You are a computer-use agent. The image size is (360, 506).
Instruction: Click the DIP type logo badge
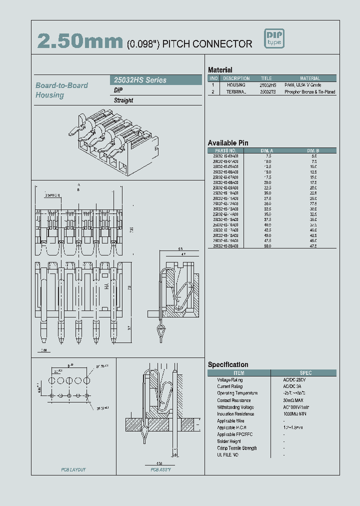274,39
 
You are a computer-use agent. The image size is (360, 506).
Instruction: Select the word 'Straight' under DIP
123,100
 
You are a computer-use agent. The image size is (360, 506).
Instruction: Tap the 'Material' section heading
220,70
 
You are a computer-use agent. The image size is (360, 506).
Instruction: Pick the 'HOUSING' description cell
236,85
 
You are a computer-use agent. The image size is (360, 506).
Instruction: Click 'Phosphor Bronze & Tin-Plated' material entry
310,92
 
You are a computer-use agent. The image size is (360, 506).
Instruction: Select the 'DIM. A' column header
267,150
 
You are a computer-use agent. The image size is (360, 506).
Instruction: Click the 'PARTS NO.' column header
225,150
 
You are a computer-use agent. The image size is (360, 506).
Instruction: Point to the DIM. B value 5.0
314,156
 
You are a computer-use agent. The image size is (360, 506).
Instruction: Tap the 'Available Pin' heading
227,143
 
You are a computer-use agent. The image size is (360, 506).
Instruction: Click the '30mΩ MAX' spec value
293,400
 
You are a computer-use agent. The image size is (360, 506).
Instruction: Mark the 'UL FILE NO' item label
227,455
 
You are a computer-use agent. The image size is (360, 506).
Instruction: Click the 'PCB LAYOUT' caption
73,470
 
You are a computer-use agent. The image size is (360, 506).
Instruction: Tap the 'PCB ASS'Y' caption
161,470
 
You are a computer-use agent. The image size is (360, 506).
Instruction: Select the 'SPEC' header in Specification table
305,373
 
